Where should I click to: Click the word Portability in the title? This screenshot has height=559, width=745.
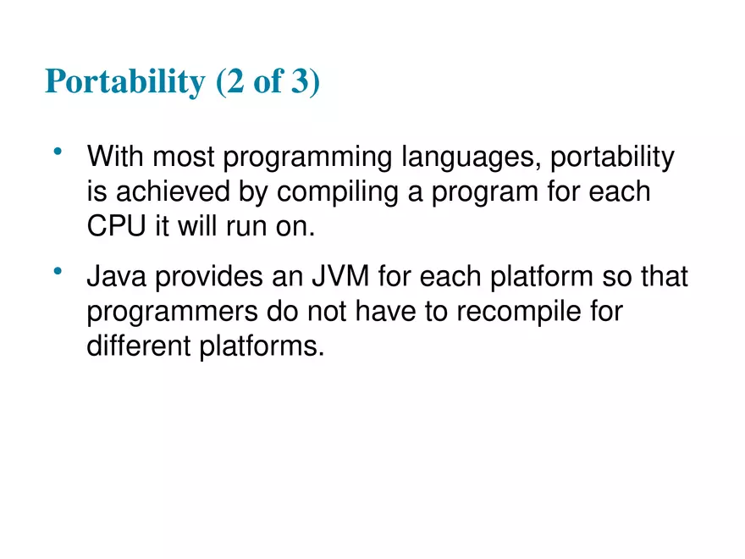coord(124,82)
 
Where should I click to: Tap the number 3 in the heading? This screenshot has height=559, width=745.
coord(303,82)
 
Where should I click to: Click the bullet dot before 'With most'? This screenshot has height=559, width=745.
coord(58,152)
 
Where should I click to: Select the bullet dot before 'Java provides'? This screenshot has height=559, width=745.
coord(58,271)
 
